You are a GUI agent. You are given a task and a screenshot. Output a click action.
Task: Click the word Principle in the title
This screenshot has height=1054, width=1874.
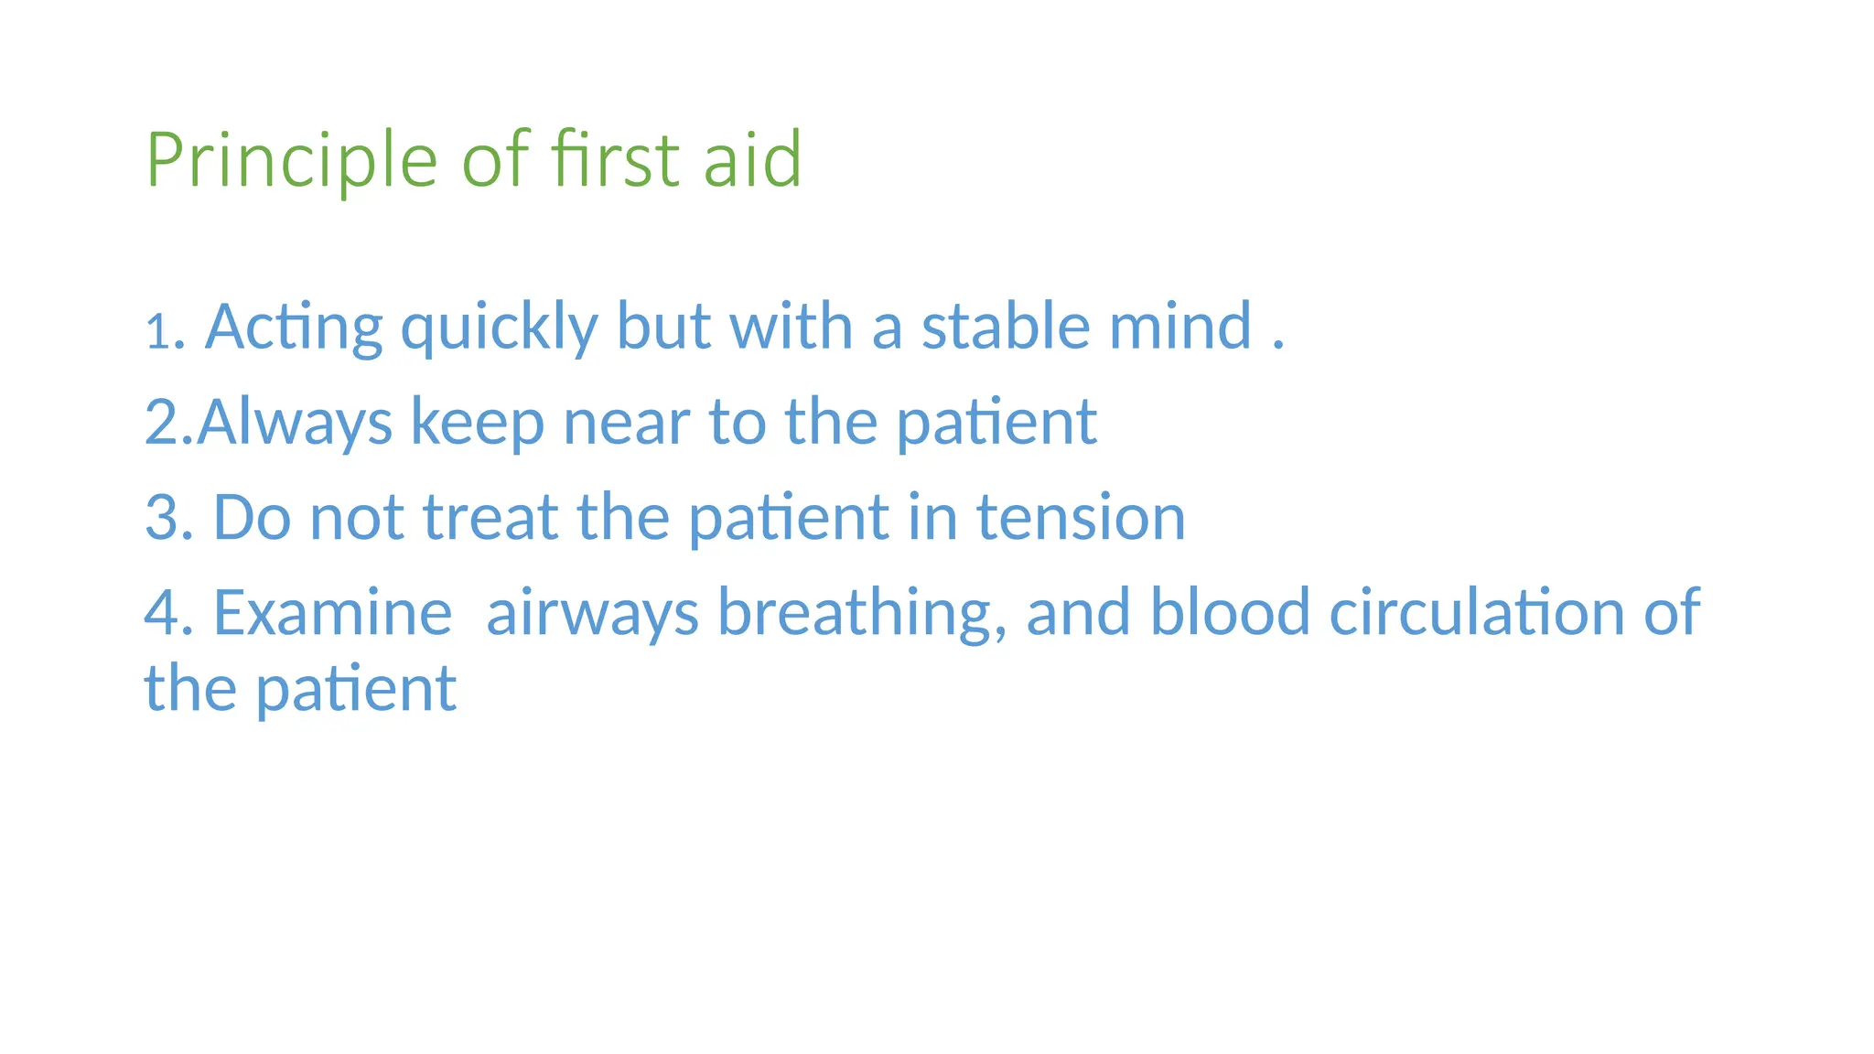(x=291, y=160)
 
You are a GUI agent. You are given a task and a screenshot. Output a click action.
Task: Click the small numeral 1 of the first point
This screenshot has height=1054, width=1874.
(x=157, y=332)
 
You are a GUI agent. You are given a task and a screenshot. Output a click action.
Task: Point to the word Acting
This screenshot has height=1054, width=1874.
(x=293, y=328)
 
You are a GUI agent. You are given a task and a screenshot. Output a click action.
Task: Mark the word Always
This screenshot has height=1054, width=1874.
(x=295, y=423)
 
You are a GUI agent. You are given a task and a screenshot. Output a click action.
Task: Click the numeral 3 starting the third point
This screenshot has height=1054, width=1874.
(x=161, y=517)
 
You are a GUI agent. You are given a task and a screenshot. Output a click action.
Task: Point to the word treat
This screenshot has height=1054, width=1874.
(x=490, y=517)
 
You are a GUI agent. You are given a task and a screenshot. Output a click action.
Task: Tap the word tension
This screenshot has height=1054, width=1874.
(x=1081, y=517)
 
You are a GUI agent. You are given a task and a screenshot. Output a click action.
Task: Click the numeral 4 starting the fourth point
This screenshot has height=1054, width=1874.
(x=161, y=612)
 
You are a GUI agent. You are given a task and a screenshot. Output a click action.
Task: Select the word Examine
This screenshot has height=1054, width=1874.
(x=332, y=612)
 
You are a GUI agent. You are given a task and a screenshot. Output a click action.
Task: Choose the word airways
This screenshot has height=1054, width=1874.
(x=592, y=612)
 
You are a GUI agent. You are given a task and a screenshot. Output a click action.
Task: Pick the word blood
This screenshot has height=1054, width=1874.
(x=1229, y=612)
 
